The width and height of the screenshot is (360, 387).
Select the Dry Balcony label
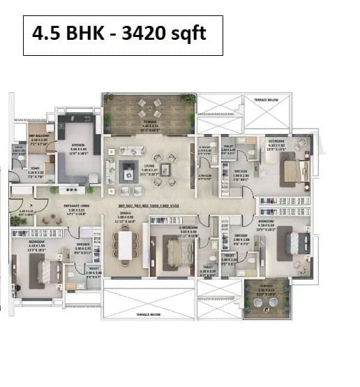[x=38, y=140]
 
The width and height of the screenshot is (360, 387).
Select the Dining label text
[x=125, y=218]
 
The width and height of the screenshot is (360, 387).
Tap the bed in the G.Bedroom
[x=174, y=248]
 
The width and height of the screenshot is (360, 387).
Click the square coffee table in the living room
[x=128, y=166]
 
